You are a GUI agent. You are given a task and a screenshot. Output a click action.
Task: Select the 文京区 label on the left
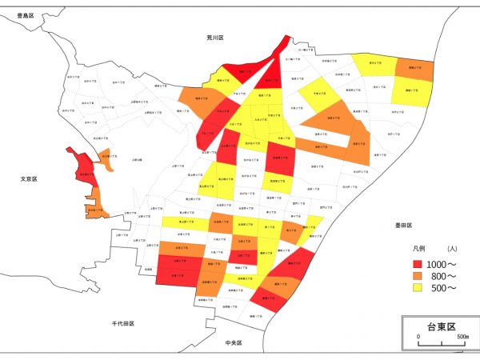pyautogui.click(x=30, y=178)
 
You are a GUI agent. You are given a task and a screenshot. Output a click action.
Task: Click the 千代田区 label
pyautogui.click(x=122, y=323)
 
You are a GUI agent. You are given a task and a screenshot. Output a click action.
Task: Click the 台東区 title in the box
pyautogui.click(x=440, y=327)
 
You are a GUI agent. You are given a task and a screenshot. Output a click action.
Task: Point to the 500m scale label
pyautogui.click(x=462, y=338)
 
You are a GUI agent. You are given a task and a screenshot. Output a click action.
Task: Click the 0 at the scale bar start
pyautogui.click(x=418, y=338)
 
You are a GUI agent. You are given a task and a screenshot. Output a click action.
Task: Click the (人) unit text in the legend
pyautogui.click(x=452, y=249)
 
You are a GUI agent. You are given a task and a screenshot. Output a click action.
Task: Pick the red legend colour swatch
pyautogui.click(x=416, y=262)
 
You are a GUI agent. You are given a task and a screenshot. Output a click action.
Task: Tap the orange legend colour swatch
pyautogui.click(x=416, y=275)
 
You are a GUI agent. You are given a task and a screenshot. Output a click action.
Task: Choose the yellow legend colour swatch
pyautogui.click(x=416, y=288)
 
